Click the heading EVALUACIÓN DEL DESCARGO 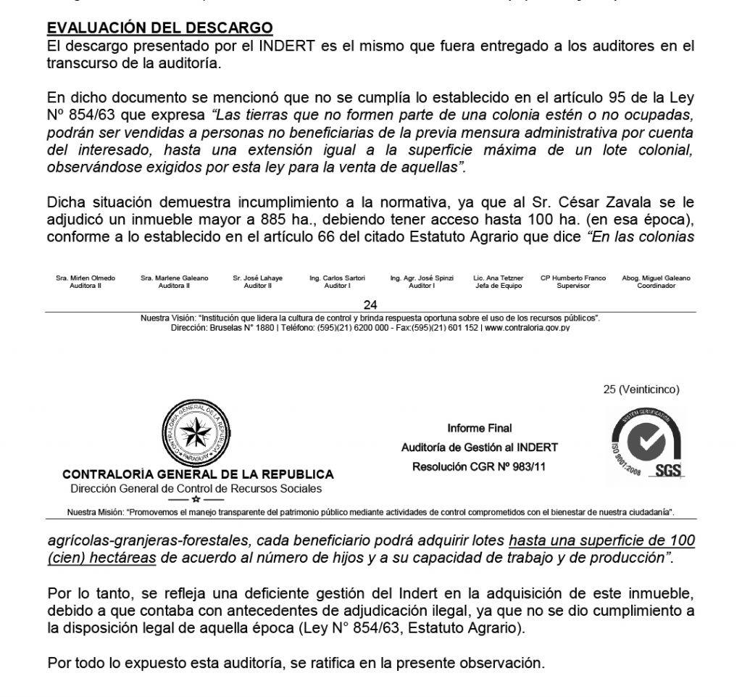tap(159, 28)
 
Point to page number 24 tap(370, 305)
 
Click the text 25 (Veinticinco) tap(641, 389)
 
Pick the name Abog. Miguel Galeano tap(656, 279)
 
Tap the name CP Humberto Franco tap(574, 279)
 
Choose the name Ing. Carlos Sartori tap(337, 279)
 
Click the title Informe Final tap(479, 428)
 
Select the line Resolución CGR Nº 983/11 tap(479, 466)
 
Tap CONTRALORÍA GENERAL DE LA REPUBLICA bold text tap(198, 474)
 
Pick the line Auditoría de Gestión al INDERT tap(479, 447)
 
